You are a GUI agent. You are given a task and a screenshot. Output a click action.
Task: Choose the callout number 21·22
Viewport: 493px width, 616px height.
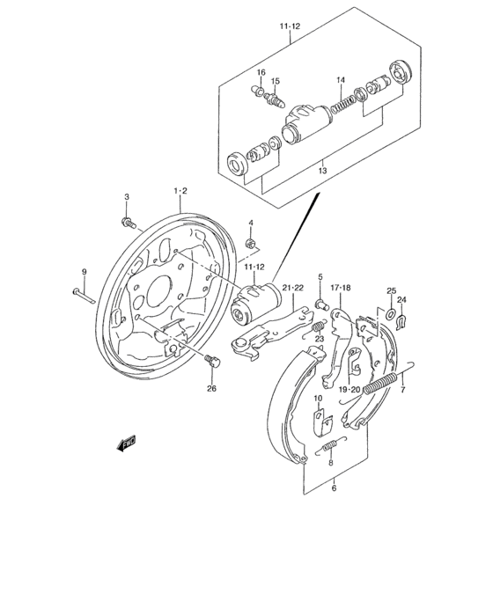coord(293,288)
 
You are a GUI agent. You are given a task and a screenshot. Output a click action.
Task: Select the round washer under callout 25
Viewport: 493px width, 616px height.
coord(390,311)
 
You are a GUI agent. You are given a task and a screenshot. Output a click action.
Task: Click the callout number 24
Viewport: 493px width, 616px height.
coord(403,299)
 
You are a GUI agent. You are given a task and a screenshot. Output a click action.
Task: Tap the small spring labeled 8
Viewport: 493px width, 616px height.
coord(330,448)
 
